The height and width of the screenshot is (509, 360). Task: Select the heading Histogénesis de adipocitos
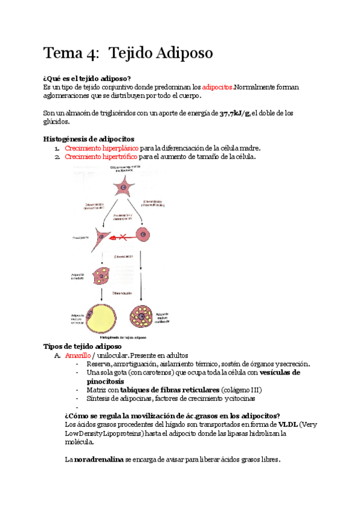89,139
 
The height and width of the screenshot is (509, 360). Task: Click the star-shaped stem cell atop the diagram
123,187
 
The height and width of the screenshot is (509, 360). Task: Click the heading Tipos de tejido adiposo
83,346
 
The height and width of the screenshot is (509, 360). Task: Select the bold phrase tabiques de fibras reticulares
170,390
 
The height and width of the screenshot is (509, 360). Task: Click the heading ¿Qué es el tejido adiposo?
87,79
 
